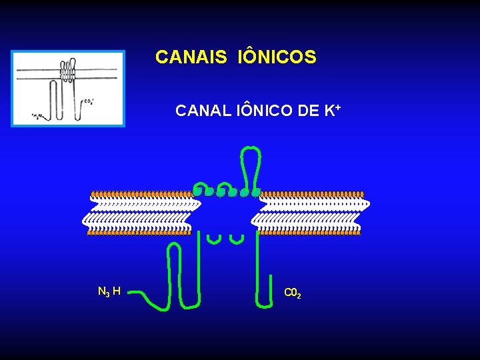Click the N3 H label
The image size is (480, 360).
click(x=109, y=291)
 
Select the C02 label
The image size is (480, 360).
click(x=293, y=293)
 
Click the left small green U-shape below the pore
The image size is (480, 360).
click(x=214, y=238)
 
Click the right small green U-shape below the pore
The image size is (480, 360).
click(x=236, y=238)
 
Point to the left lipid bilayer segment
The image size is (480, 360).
click(x=141, y=213)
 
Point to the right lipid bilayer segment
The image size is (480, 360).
click(x=310, y=213)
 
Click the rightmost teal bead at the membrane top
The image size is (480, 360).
click(x=256, y=192)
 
